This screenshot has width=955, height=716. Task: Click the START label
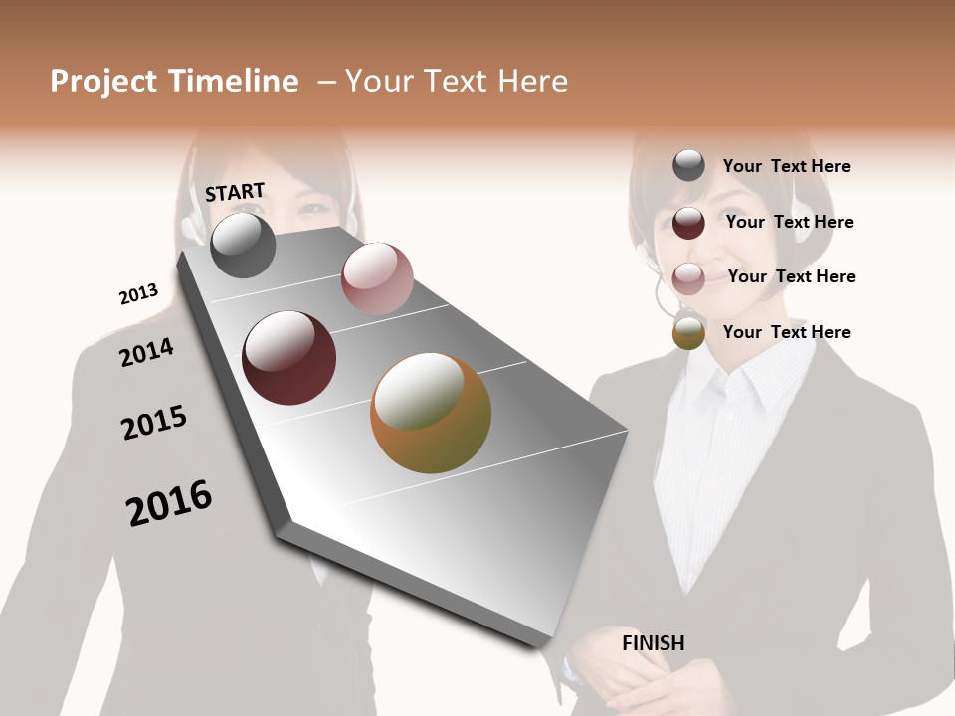[235, 192]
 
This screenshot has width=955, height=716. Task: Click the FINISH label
[653, 643]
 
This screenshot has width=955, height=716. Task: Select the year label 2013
[138, 294]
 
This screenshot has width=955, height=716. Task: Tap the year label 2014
[146, 352]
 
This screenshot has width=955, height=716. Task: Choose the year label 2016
[169, 503]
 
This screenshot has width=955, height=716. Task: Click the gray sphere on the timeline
[243, 245]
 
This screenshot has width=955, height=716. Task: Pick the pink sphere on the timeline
[377, 278]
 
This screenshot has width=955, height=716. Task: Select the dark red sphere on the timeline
[289, 358]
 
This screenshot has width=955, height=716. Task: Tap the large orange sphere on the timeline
[431, 413]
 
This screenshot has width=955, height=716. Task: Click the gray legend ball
[688, 166]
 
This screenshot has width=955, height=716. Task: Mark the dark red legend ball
[688, 222]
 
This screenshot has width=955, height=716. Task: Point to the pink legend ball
[688, 277]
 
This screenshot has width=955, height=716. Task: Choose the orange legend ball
[688, 332]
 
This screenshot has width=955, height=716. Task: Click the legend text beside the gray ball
[786, 166]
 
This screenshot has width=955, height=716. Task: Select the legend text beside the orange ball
[786, 332]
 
